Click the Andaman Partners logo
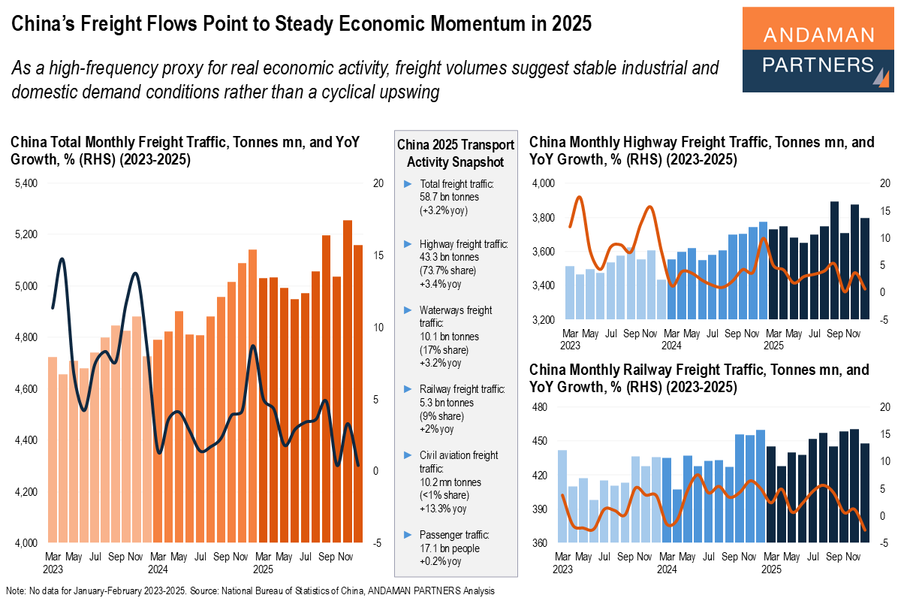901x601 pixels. [x=817, y=50]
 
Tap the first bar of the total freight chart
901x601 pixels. [x=53, y=448]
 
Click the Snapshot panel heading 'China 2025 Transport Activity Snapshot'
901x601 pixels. [x=455, y=153]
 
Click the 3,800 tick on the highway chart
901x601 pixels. [x=542, y=218]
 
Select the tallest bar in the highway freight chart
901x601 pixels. [x=834, y=260]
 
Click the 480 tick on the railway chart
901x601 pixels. [x=545, y=407]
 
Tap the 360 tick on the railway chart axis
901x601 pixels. [x=545, y=543]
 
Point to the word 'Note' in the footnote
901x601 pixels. [x=14, y=591]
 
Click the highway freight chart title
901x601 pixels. [x=701, y=150]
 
